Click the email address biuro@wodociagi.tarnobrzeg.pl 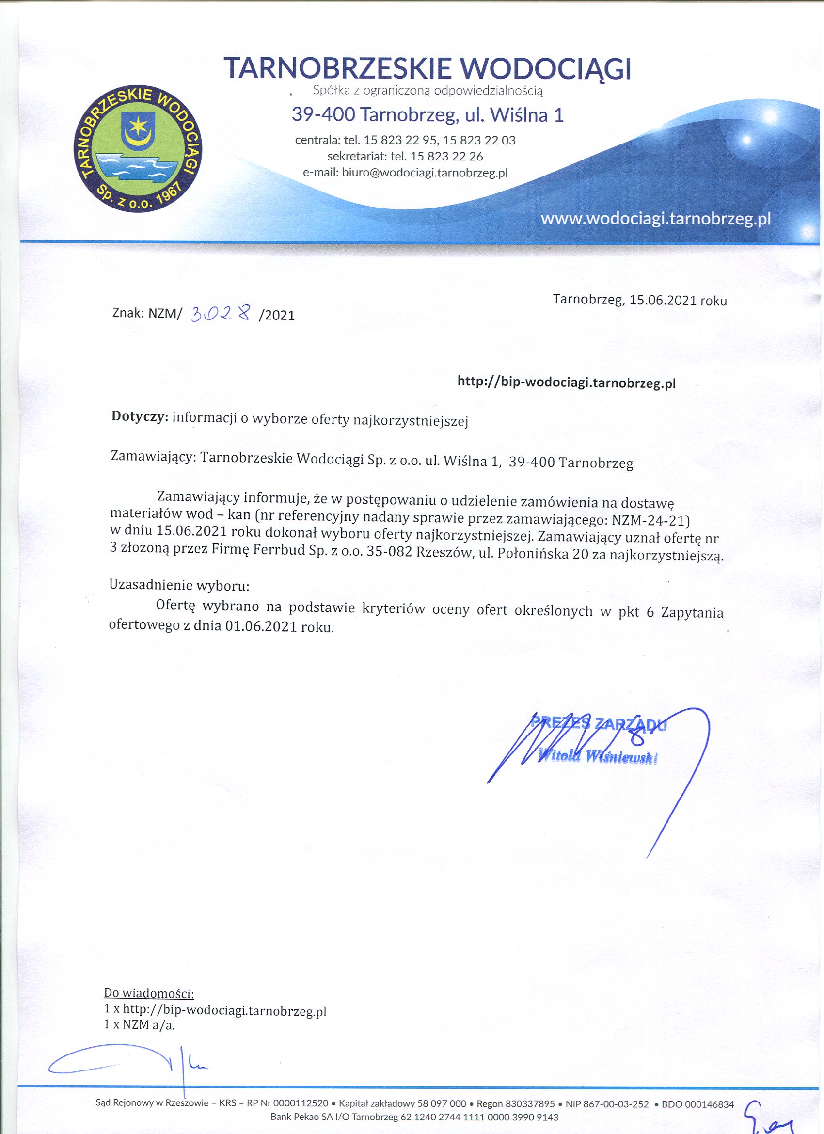[x=425, y=173]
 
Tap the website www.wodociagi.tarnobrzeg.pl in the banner [x=655, y=219]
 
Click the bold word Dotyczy [x=140, y=416]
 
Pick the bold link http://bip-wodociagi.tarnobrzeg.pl [x=567, y=383]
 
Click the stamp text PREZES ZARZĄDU [x=599, y=723]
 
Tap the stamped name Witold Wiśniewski [x=598, y=758]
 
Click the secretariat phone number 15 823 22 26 [x=446, y=157]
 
